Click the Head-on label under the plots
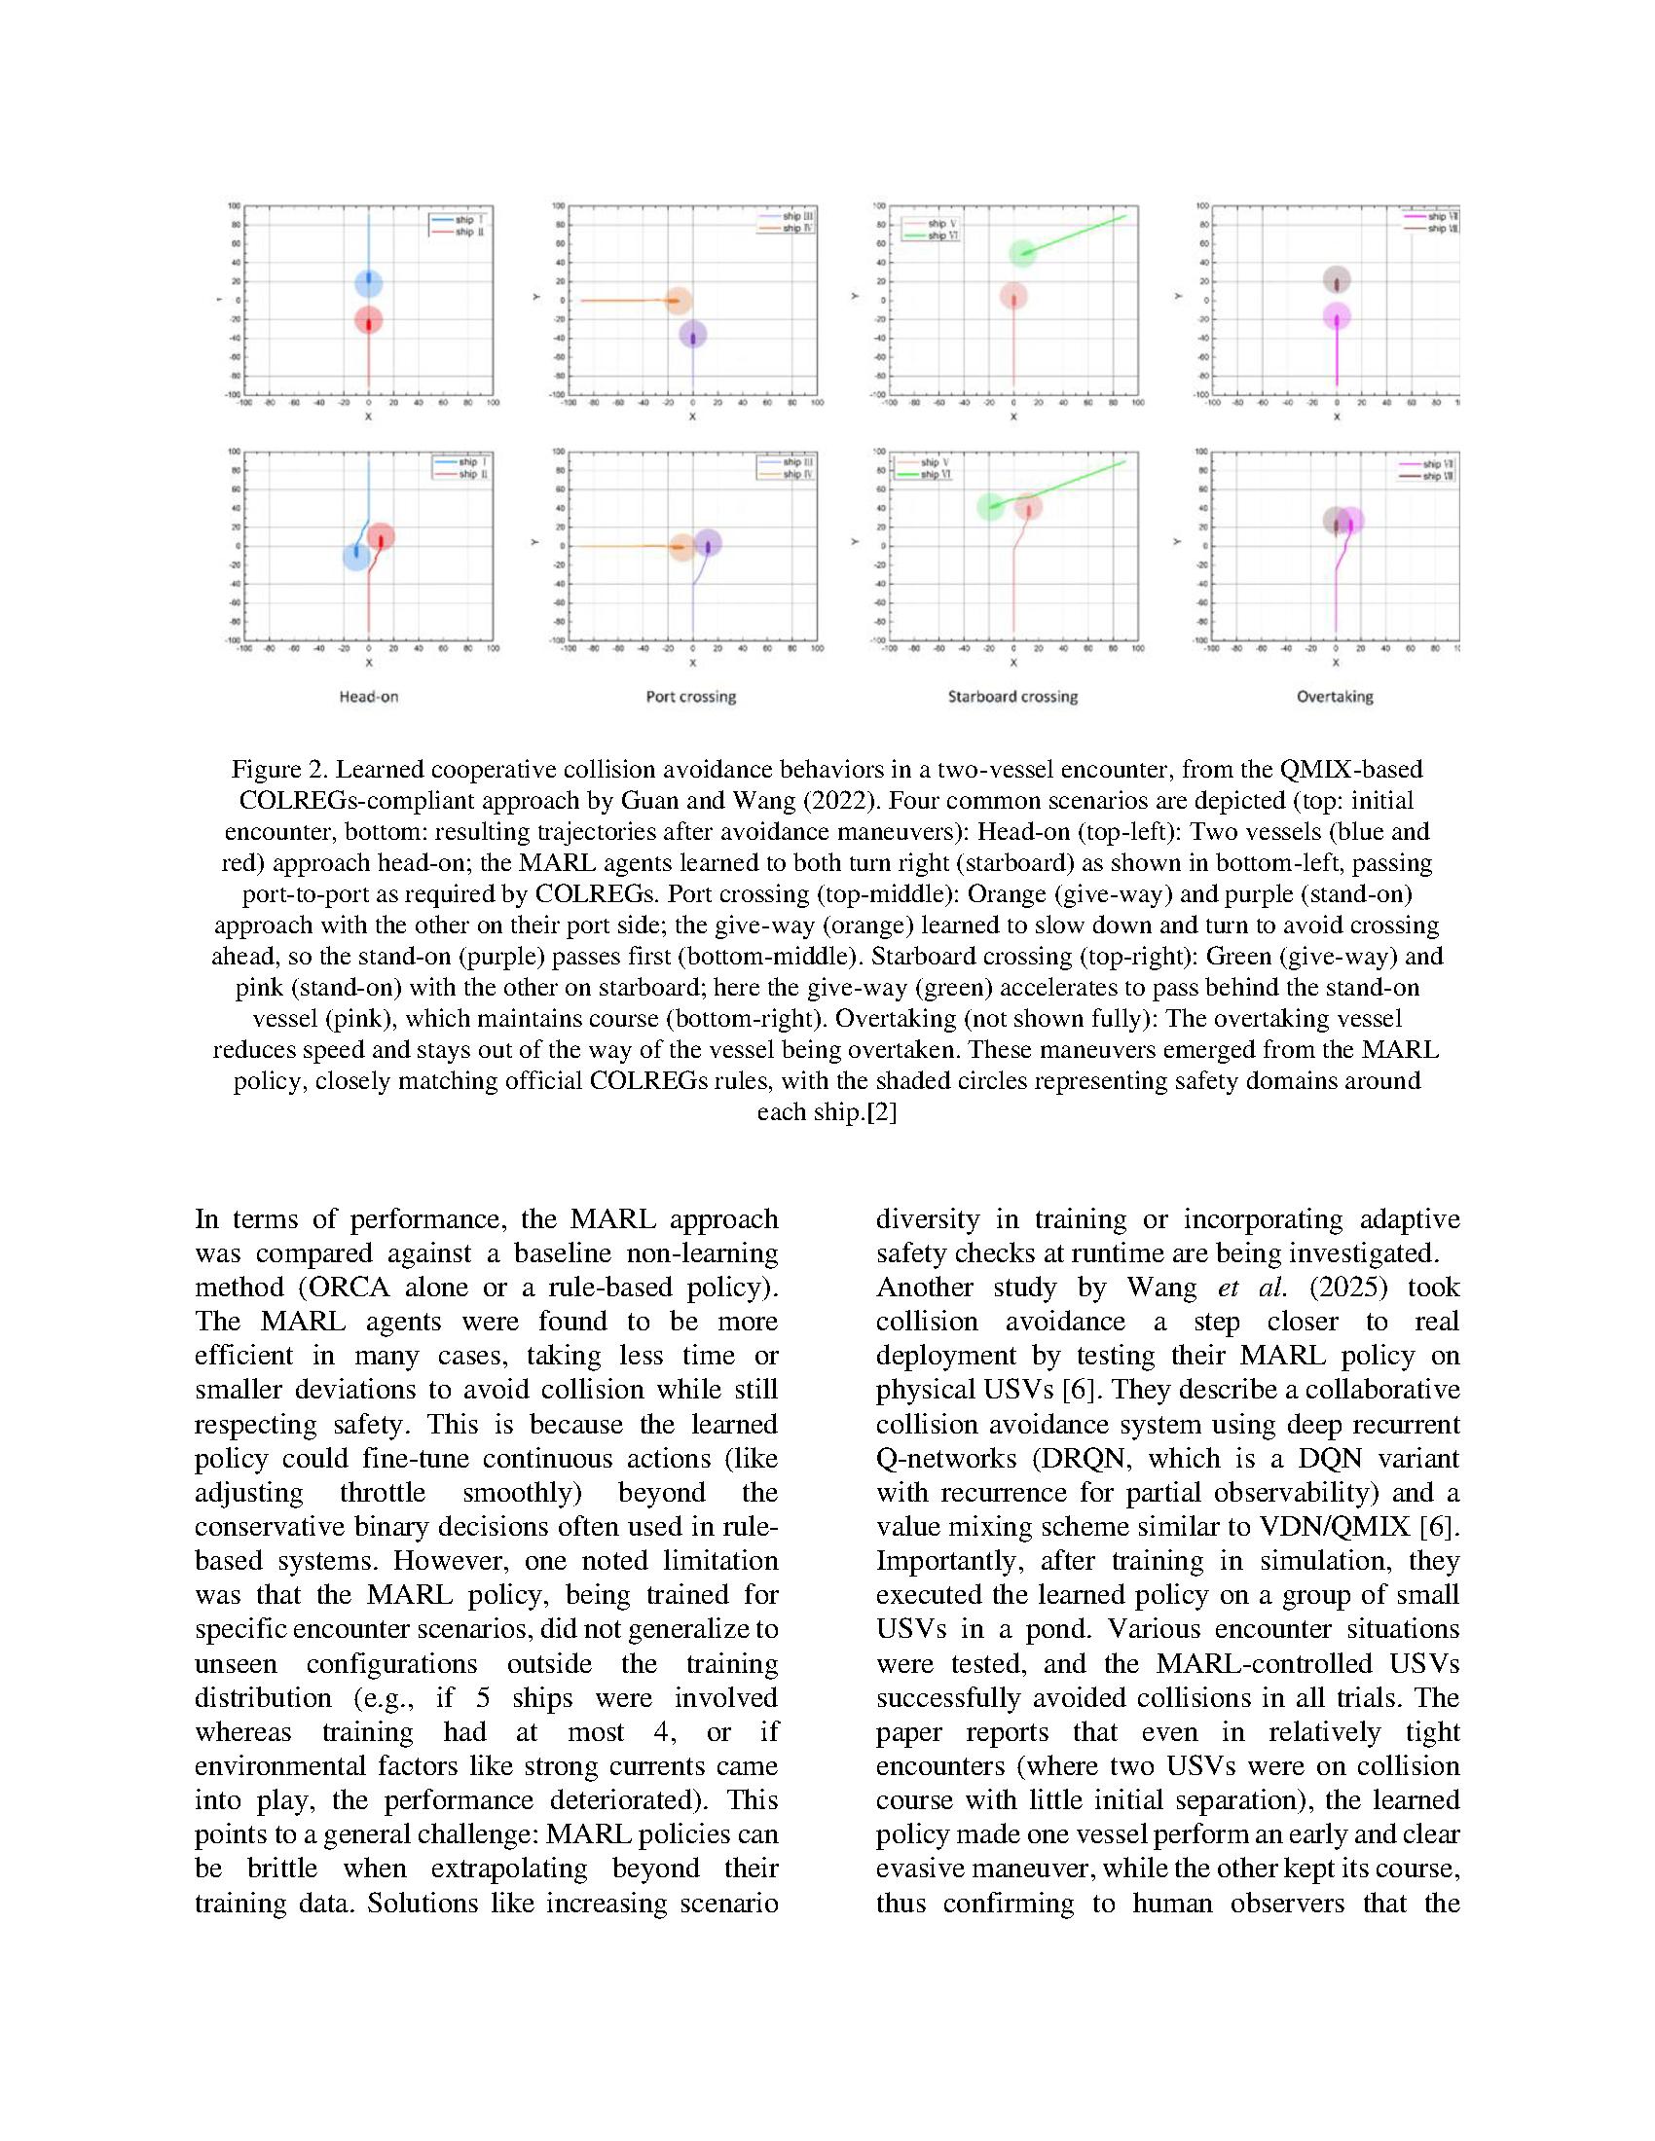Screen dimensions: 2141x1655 pyautogui.click(x=369, y=697)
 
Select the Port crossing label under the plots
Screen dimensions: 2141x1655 pyautogui.click(x=690, y=697)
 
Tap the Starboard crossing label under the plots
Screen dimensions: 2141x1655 pyautogui.click(x=1011, y=697)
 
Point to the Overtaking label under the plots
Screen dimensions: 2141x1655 pyautogui.click(x=1335, y=697)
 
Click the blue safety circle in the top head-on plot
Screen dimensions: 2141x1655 pyautogui.click(x=369, y=283)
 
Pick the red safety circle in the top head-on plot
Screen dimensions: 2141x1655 pyautogui.click(x=369, y=320)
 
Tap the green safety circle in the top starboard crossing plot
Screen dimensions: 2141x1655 pyautogui.click(x=1022, y=253)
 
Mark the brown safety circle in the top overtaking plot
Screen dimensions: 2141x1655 pyautogui.click(x=1337, y=280)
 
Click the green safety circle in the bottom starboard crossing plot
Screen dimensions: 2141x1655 pyautogui.click(x=991, y=507)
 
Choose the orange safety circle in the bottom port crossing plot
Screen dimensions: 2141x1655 pyautogui.click(x=681, y=547)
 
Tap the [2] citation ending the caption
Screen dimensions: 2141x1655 pyautogui.click(x=882, y=1112)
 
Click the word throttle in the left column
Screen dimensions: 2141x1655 pyautogui.click(x=383, y=1493)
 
